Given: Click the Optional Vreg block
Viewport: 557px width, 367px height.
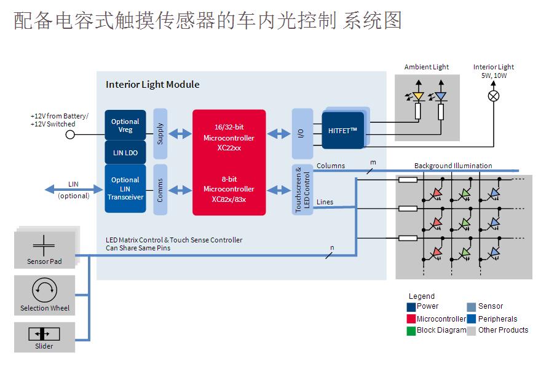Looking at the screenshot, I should pyautogui.click(x=125, y=125).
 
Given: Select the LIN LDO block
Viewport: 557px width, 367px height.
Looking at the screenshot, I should pyautogui.click(x=125, y=152).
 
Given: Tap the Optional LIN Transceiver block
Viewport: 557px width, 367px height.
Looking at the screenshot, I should pyautogui.click(x=125, y=188).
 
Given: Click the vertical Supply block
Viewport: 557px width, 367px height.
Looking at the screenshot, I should pyautogui.click(x=160, y=134).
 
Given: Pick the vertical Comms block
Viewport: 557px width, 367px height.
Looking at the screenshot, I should pyautogui.click(x=160, y=189).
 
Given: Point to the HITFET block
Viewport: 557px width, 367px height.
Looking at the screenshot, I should pyautogui.click(x=343, y=129).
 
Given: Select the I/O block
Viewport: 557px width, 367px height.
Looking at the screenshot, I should pyautogui.click(x=302, y=134).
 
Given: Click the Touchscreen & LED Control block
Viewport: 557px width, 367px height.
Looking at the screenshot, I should pyautogui.click(x=302, y=190).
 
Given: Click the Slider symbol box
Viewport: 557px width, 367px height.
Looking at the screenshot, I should pyautogui.click(x=44, y=334).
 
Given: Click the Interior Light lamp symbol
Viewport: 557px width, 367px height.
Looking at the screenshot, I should pyautogui.click(x=493, y=96).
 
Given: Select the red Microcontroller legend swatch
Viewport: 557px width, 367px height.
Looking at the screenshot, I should pyautogui.click(x=411, y=319).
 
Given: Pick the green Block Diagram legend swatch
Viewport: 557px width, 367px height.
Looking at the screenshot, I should pyautogui.click(x=411, y=330).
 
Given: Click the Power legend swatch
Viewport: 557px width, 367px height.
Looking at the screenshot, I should pyautogui.click(x=411, y=306).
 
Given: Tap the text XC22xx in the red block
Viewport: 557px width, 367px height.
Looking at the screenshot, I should pyautogui.click(x=229, y=149).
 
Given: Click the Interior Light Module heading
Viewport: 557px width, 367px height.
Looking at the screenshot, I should pyautogui.click(x=152, y=85).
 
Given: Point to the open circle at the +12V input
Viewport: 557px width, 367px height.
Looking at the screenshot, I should pyautogui.click(x=70, y=134).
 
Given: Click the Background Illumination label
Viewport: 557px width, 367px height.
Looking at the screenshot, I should pyautogui.click(x=453, y=166).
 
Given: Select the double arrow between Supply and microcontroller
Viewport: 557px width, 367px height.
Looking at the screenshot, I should pyautogui.click(x=180, y=134).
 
